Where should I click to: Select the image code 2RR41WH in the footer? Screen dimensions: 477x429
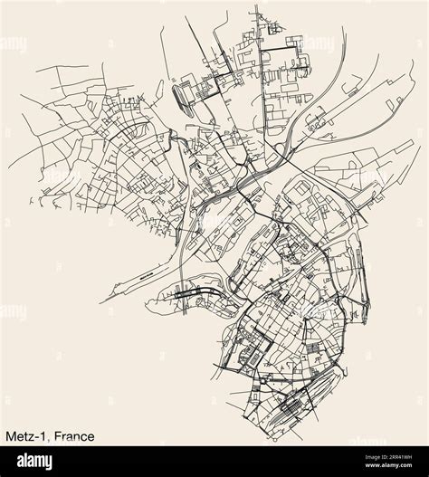[380, 458]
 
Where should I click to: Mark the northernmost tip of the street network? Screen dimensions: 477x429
[257, 8]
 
